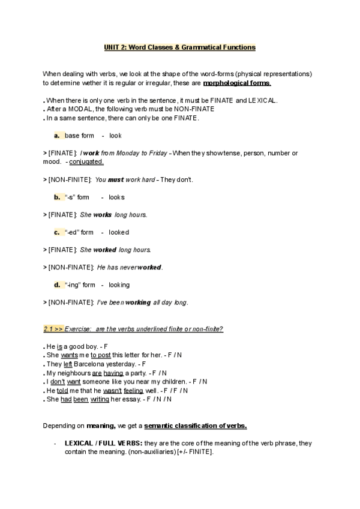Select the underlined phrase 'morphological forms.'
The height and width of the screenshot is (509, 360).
point(237,83)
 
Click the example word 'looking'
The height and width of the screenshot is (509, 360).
point(119,285)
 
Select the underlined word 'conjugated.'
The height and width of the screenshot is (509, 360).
point(86,161)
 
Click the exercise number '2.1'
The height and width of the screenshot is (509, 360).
point(49,329)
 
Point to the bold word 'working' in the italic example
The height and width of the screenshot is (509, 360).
point(138,303)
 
